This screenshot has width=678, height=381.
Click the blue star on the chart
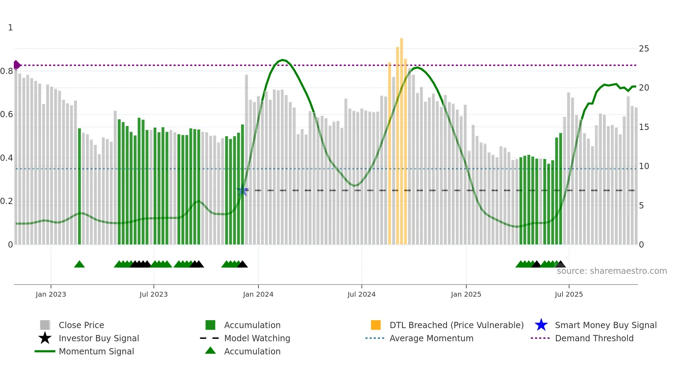(242, 191)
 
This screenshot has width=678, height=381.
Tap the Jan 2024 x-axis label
(258, 294)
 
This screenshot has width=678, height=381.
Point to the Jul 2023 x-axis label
(154, 294)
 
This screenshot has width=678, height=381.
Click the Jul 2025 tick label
(569, 294)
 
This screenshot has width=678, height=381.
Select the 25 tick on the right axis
(644, 49)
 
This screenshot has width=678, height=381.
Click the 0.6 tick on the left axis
(7, 114)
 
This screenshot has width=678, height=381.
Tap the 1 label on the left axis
(10, 28)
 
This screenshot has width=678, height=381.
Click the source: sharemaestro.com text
(612, 271)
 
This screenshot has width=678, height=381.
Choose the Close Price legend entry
(81, 325)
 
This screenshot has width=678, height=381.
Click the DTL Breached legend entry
(456, 325)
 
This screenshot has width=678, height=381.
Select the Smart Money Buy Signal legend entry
(605, 325)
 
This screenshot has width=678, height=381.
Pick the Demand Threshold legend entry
(594, 338)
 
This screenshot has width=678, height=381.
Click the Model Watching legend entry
(257, 338)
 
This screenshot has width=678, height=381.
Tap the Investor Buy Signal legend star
(45, 338)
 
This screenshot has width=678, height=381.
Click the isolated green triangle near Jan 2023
(79, 264)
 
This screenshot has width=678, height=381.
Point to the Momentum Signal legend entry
(96, 351)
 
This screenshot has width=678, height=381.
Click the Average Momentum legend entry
(431, 338)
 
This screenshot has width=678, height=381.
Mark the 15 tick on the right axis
(644, 127)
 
